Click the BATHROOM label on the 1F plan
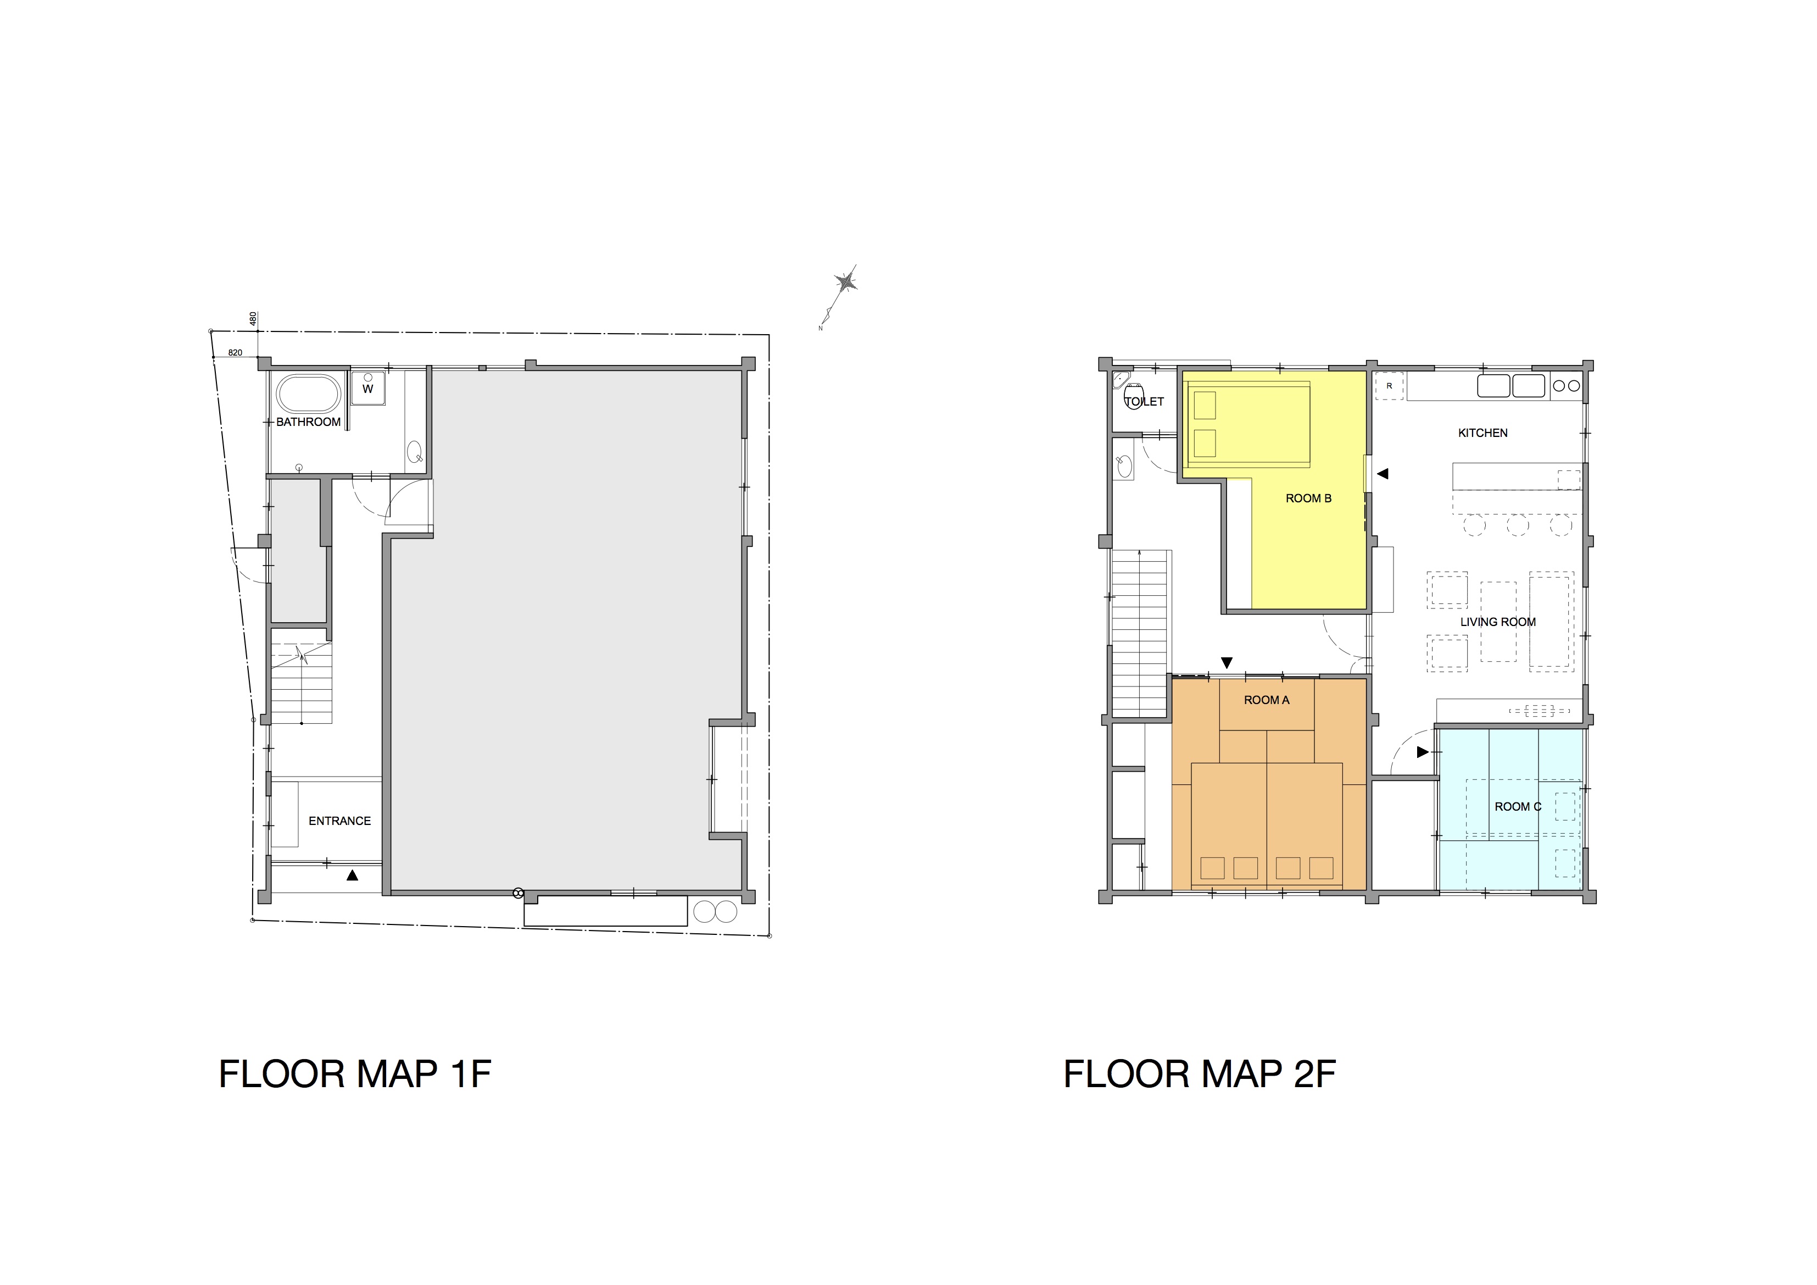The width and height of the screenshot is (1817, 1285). coord(308,422)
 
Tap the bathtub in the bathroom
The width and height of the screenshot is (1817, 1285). coord(308,394)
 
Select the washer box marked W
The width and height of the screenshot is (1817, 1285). coord(368,389)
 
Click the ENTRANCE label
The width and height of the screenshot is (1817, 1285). coord(339,821)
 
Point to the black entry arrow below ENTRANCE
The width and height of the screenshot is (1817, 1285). coord(353,875)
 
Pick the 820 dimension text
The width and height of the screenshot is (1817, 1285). coord(235,352)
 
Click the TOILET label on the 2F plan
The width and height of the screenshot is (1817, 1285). coord(1144,401)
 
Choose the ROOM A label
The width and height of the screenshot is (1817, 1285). coord(1266,700)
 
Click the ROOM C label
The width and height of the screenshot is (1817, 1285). coord(1518,807)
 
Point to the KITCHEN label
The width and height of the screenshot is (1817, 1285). coord(1483,433)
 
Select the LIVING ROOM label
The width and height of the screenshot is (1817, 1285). coord(1498,622)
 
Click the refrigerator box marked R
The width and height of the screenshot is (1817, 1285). coord(1389,386)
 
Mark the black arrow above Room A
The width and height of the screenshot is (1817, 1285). coord(1227,663)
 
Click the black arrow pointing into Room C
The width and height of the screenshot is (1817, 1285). coord(1422,752)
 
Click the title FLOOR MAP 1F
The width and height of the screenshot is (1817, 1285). coord(354,1074)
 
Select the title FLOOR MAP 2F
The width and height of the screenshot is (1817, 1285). coord(1200,1074)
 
